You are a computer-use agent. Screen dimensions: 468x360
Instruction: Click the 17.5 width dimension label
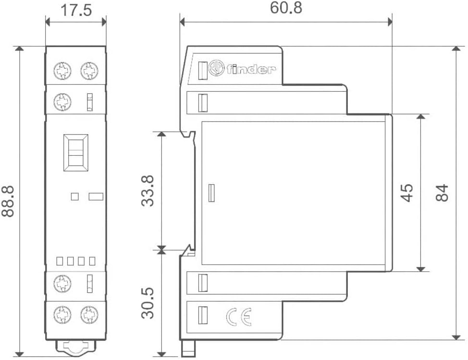(76, 10)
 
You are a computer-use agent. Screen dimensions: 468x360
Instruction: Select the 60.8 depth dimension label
(286, 8)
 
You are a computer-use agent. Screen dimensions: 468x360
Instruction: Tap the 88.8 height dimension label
(8, 201)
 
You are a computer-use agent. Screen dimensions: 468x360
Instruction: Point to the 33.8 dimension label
(148, 191)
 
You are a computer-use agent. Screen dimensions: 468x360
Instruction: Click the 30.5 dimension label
(148, 303)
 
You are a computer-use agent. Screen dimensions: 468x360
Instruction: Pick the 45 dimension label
(406, 193)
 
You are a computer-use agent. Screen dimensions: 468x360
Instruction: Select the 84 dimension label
(442, 193)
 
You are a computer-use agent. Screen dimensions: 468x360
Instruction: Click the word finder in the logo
(250, 69)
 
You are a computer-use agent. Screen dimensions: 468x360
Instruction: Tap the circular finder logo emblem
(216, 68)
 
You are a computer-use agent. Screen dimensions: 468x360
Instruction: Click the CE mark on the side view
(239, 317)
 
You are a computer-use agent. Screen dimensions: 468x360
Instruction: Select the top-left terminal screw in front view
(62, 71)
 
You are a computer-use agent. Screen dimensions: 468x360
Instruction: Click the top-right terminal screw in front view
(89, 71)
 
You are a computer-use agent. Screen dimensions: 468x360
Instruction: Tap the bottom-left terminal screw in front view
(62, 315)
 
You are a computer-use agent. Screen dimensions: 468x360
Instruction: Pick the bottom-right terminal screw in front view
(89, 315)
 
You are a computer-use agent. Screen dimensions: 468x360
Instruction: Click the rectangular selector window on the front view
(76, 152)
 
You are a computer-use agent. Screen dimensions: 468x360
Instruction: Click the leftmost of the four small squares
(60, 261)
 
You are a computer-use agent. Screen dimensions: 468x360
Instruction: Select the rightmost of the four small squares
(92, 261)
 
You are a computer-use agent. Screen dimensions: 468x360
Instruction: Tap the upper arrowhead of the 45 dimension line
(420, 116)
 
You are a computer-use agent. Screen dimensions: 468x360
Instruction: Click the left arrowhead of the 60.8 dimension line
(183, 22)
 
